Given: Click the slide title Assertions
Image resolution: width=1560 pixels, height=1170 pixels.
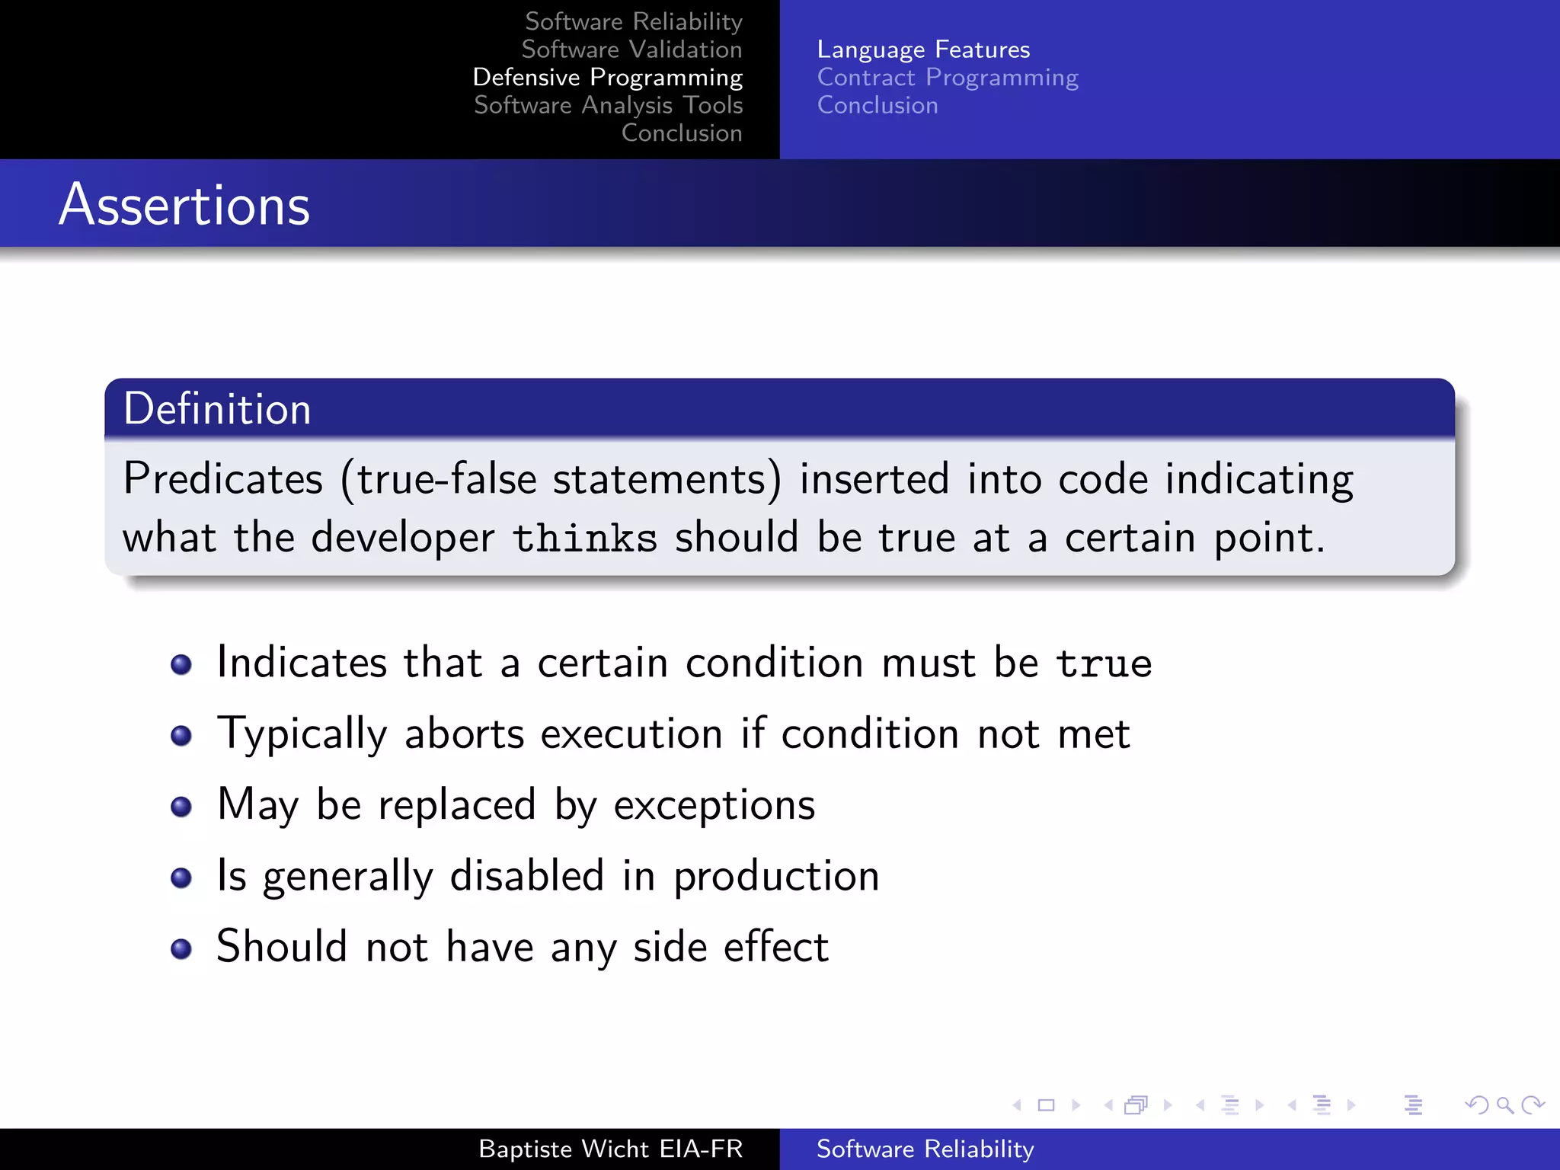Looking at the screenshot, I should [184, 205].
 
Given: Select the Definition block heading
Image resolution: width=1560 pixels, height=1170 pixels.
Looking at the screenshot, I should [217, 409].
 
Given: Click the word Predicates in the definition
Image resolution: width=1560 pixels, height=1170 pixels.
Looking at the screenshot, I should [223, 479].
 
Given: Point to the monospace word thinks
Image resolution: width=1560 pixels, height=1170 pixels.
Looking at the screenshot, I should [584, 539].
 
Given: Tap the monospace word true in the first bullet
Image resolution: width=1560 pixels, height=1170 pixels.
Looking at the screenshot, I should [1104, 663].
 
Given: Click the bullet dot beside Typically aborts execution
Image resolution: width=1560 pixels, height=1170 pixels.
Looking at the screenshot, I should [181, 735].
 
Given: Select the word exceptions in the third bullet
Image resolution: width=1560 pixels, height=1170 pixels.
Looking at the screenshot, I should [714, 805].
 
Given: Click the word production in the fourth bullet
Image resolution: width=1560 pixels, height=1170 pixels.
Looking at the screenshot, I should [776, 876].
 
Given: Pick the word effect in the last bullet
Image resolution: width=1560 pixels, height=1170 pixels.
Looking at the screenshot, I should [775, 947].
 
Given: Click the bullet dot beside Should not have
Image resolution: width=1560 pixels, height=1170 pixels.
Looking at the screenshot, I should [181, 948].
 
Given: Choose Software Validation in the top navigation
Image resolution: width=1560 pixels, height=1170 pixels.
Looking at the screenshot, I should [631, 50].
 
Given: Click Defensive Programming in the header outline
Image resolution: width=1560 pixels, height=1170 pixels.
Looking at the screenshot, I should [607, 78].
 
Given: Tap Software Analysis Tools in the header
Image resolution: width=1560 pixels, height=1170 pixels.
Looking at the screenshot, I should [608, 105].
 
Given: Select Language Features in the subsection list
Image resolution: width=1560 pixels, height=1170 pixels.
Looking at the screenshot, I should [923, 50].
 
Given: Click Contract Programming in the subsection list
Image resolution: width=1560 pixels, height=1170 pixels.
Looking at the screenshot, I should [948, 78].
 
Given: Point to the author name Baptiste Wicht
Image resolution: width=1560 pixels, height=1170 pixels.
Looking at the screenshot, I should [564, 1149].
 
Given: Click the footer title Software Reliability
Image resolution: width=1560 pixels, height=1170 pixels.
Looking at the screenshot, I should [925, 1149].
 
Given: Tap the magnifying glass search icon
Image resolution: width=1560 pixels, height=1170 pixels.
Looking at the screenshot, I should [1504, 1105].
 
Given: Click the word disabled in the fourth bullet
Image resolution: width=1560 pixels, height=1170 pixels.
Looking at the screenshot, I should [527, 876].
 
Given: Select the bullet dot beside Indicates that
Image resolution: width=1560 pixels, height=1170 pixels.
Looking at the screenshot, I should [181, 664].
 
